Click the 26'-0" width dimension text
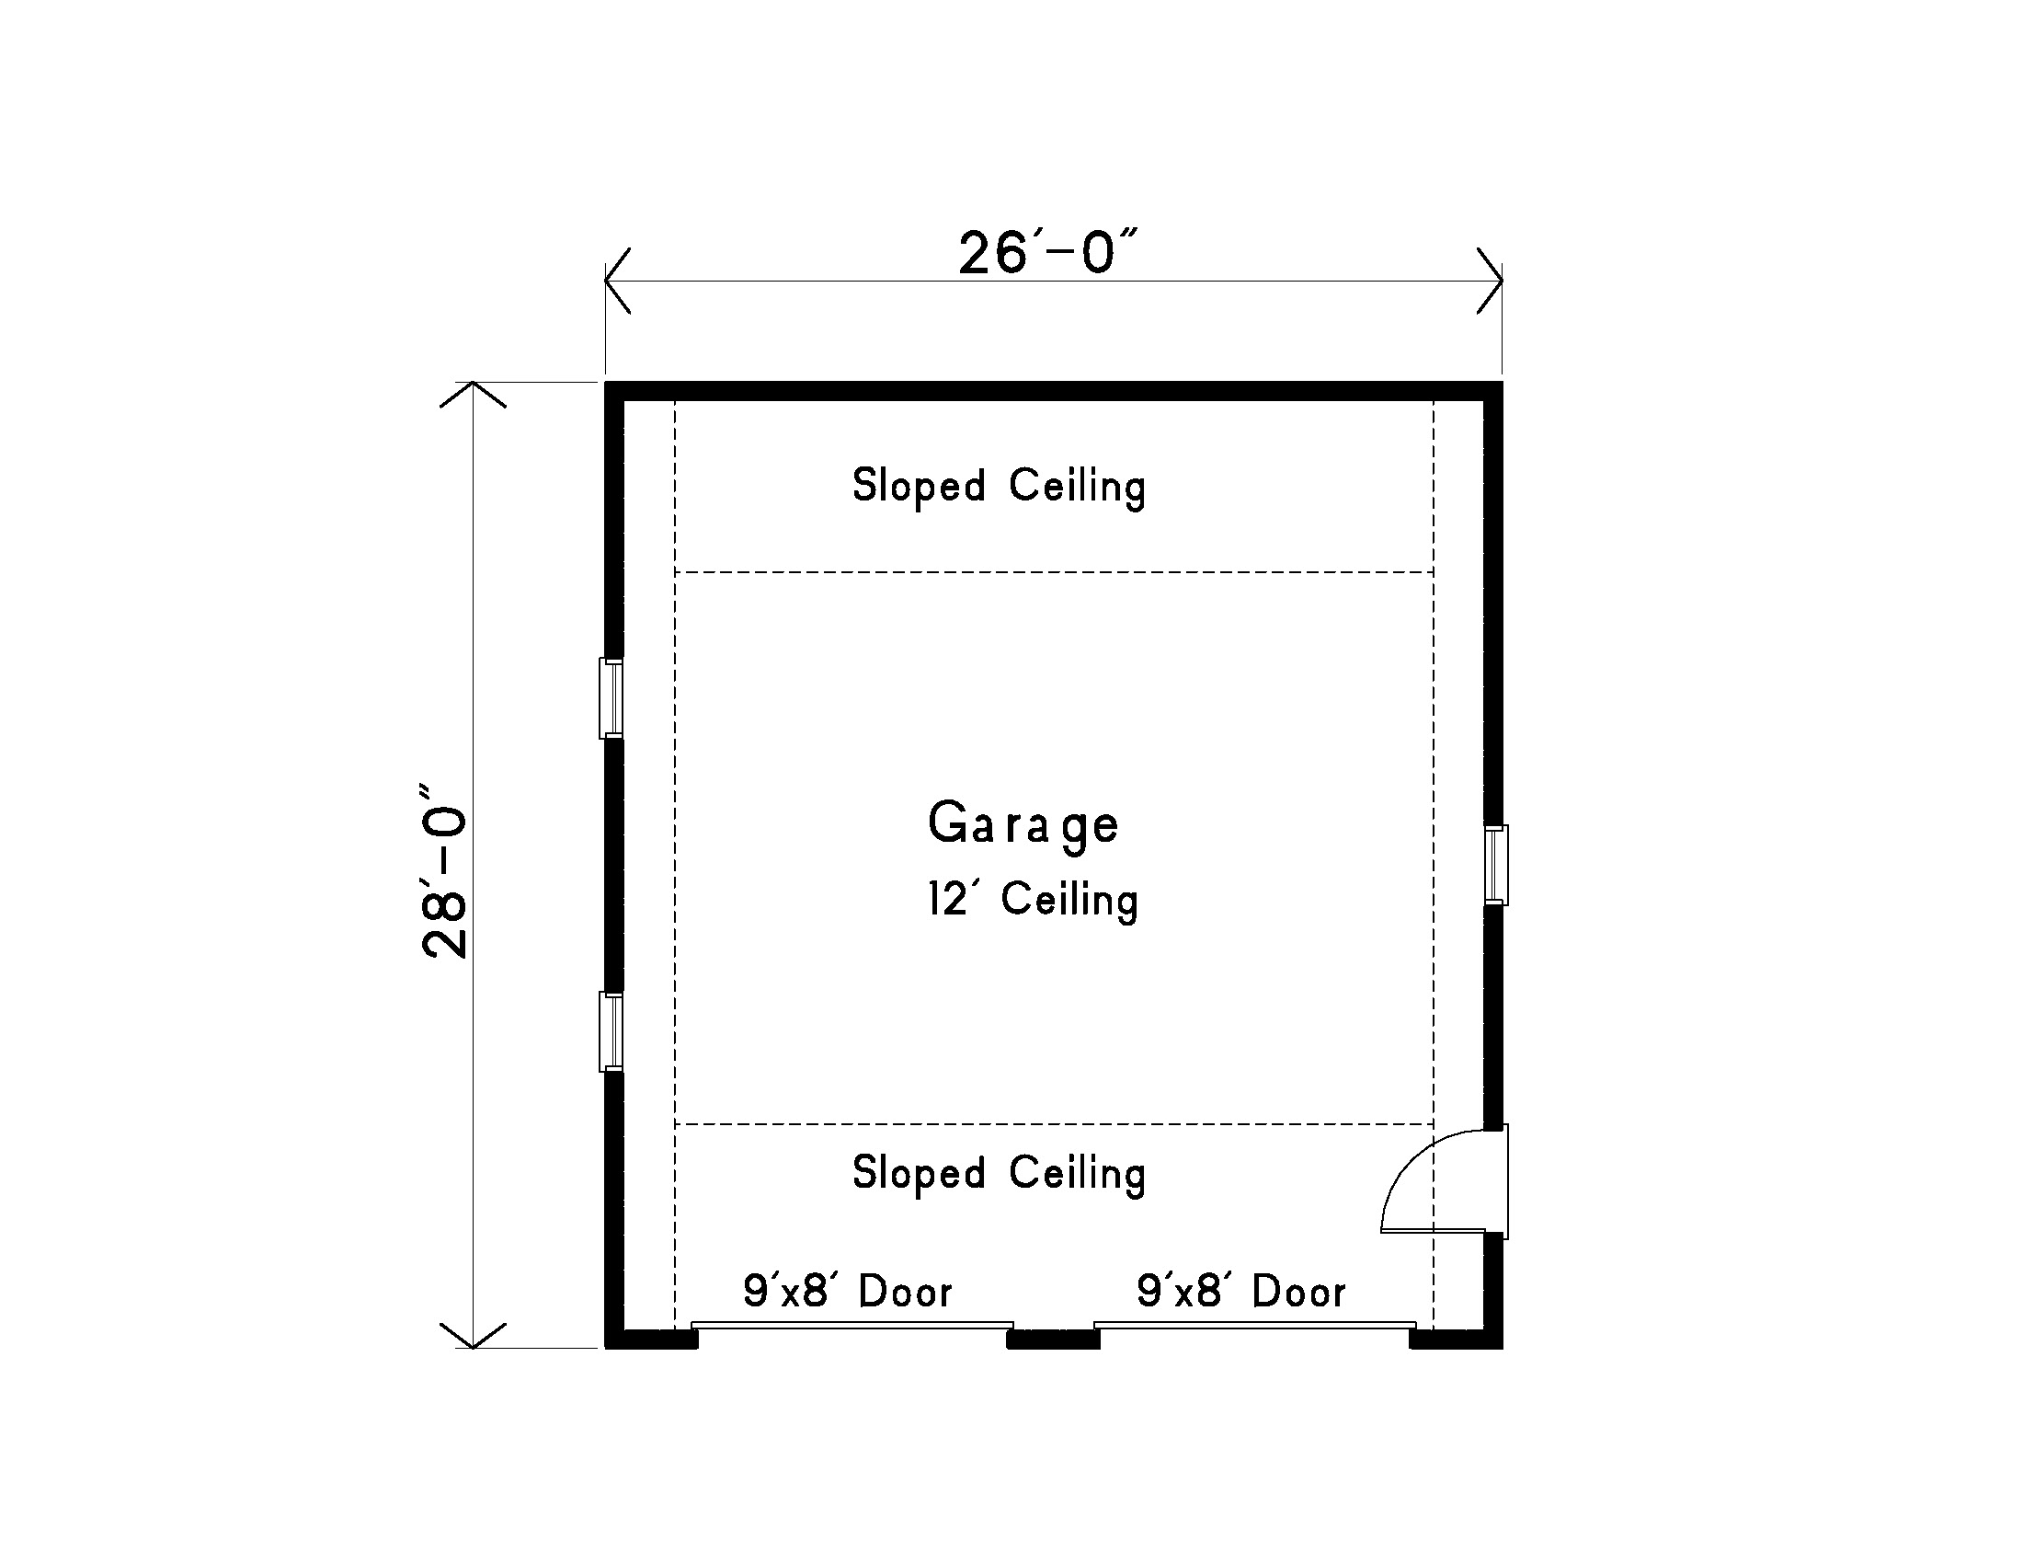(1046, 253)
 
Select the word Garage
(1023, 823)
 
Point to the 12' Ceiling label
(1033, 900)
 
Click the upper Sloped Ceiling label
(999, 487)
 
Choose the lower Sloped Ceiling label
(999, 1174)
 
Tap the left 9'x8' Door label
(848, 1291)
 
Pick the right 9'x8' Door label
(1241, 1291)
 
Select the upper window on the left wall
(611, 697)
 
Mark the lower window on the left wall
(611, 1032)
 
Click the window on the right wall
(1496, 865)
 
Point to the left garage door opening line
(852, 1326)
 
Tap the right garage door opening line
(1255, 1326)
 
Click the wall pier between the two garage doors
(1053, 1339)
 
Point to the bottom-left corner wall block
(650, 1338)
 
